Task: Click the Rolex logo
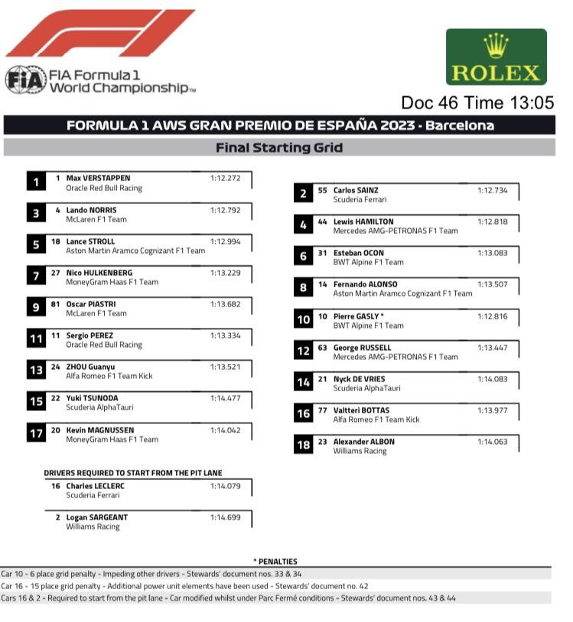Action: (x=496, y=57)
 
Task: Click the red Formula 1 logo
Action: (x=99, y=34)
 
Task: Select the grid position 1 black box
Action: (x=36, y=182)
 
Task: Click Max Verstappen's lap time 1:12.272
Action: (x=226, y=178)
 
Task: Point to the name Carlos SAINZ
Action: (x=356, y=190)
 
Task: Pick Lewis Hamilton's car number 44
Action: (x=323, y=222)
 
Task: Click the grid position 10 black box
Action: (x=303, y=319)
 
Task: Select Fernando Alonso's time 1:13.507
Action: (x=493, y=284)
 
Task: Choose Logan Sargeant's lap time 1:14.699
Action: (x=226, y=517)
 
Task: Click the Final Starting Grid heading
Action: (x=278, y=147)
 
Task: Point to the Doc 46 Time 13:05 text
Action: (x=477, y=103)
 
